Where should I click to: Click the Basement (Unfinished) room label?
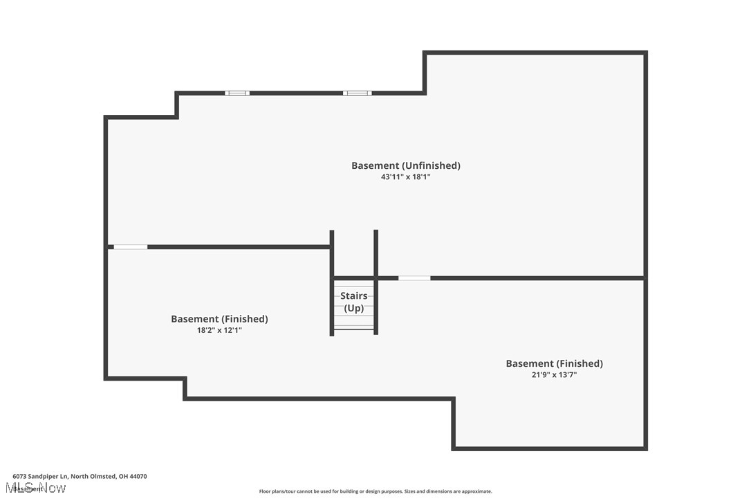[405, 165]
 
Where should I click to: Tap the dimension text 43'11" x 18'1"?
[405, 177]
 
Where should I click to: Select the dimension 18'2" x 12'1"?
[219, 331]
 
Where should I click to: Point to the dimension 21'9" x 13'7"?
[554, 375]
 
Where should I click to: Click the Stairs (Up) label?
[354, 302]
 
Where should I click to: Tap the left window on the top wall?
[237, 93]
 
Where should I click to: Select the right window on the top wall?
[358, 93]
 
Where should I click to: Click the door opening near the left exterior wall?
[131, 247]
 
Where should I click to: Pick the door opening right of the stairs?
[414, 278]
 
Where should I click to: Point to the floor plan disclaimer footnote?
[375, 492]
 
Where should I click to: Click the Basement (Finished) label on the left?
[219, 319]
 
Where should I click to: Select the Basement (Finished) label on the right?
[554, 363]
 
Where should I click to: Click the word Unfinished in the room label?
[432, 165]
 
